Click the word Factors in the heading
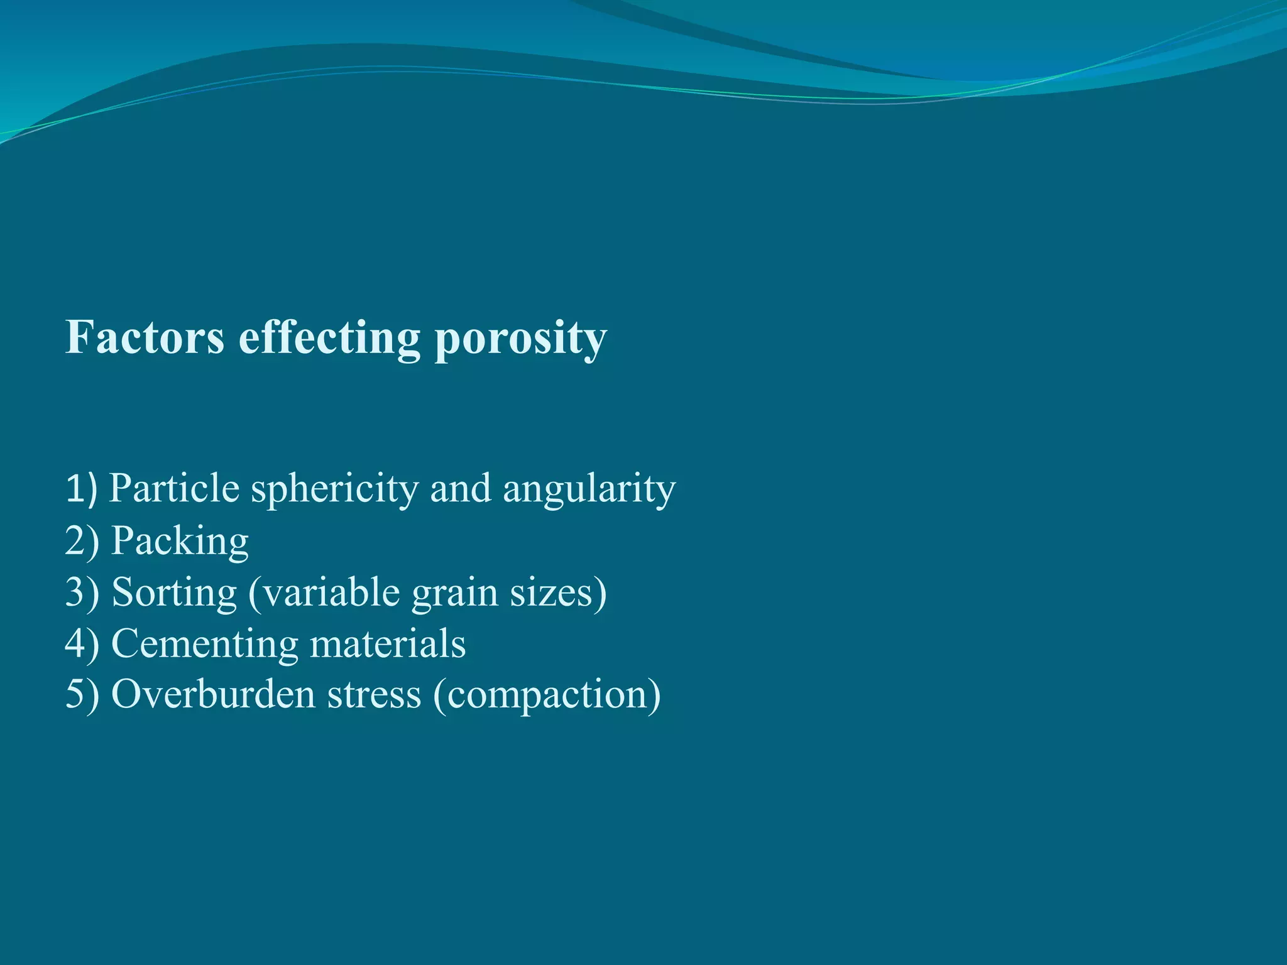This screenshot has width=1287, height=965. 145,337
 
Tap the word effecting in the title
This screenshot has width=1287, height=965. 329,337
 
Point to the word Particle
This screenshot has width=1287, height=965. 174,488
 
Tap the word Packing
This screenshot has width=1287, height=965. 180,541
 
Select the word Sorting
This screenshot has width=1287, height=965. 174,592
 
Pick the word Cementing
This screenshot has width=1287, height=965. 204,645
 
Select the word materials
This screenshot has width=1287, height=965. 388,643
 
